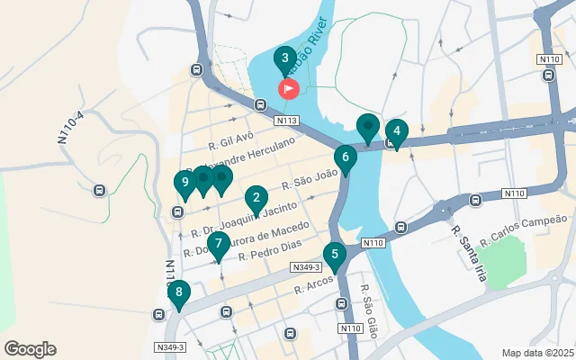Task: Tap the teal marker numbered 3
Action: point(285,61)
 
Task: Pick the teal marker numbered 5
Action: point(335,256)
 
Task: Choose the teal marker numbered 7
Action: point(218,244)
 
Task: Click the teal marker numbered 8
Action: point(179,292)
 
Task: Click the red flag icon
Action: point(289,88)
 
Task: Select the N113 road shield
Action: point(287,120)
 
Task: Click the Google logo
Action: point(30,349)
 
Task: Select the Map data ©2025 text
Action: point(536,353)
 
